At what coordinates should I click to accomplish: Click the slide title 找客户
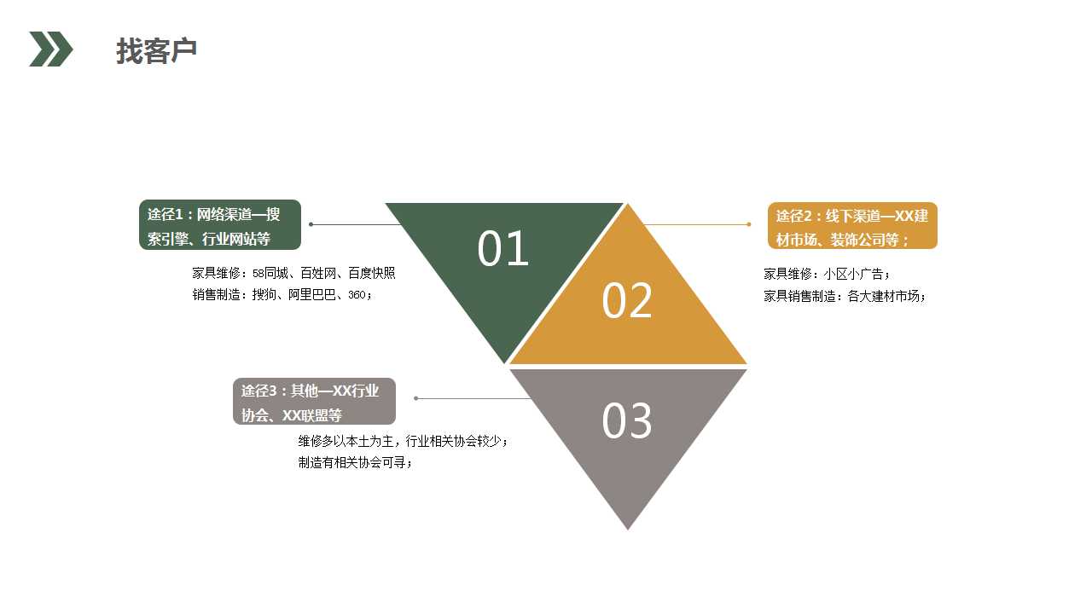[157, 51]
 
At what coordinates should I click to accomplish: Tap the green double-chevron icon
[51, 49]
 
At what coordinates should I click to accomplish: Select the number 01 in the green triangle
[503, 249]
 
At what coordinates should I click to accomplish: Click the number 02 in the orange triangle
[627, 301]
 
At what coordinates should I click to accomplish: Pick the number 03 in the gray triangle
[627, 421]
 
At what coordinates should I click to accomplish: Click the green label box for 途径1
[220, 225]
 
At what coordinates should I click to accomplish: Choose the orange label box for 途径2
[852, 226]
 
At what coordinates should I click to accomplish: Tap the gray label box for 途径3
[314, 402]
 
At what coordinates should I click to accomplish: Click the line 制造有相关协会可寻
[354, 463]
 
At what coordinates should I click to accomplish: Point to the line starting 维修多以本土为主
[403, 442]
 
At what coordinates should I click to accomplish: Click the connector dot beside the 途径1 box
[311, 224]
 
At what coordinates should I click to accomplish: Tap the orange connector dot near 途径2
[748, 224]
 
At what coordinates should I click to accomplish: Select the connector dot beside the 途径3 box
[416, 398]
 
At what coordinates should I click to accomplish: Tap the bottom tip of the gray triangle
[628, 528]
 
